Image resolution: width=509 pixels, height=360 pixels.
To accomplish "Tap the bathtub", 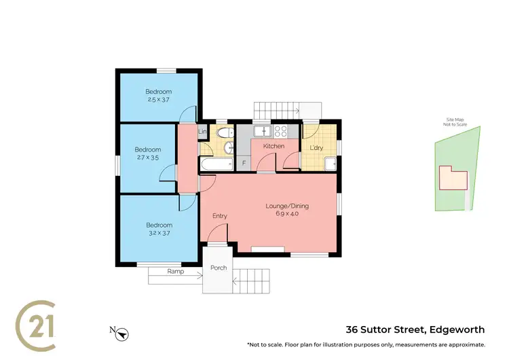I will (x=216, y=164).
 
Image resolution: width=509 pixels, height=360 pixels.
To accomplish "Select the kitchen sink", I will (x=261, y=131).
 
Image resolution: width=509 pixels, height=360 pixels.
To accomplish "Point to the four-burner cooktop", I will (x=280, y=132).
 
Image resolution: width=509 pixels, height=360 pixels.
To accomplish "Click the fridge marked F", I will (x=243, y=163).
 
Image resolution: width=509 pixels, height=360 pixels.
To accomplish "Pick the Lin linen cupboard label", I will (x=202, y=132).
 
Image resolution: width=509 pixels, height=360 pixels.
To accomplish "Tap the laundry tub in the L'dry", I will (x=329, y=164).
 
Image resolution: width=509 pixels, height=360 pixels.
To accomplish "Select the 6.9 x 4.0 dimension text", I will (x=286, y=214).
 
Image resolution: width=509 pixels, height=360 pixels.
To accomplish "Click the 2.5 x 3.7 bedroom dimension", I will (x=157, y=100).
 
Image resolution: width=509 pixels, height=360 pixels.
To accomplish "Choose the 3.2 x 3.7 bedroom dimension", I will (x=158, y=233).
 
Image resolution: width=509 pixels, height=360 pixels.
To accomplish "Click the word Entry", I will (x=219, y=216).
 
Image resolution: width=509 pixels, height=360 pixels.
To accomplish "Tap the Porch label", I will (x=219, y=268).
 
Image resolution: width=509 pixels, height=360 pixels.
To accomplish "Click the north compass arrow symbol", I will (x=122, y=333).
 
